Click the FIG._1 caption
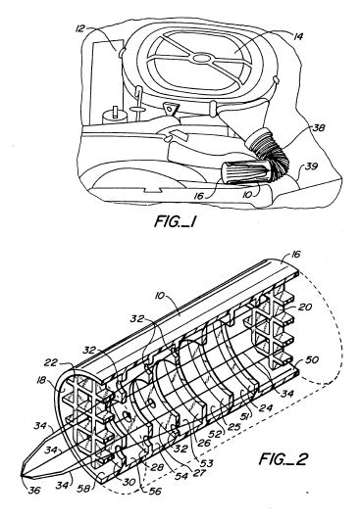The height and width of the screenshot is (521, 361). coord(175,221)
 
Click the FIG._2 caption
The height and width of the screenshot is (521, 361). coord(284,459)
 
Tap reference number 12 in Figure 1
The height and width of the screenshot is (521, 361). coord(80,28)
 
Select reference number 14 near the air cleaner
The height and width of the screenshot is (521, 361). coord(298,36)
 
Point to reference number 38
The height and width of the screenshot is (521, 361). coord(318,128)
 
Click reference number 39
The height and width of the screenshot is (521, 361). coord(311,166)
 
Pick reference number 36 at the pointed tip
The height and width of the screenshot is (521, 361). coord(34,490)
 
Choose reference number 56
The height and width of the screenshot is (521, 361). coord(154,491)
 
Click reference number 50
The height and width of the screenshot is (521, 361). coord(311,359)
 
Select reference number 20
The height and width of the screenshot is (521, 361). coord(305,308)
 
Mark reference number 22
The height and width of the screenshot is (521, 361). coord(51,362)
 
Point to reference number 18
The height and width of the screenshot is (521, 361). coord(41,380)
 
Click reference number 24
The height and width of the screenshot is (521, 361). coord(266,407)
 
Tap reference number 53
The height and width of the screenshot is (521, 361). coord(206,463)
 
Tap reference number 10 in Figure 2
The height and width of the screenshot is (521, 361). coord(160,295)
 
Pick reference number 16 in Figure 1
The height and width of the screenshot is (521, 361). coord(198,197)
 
